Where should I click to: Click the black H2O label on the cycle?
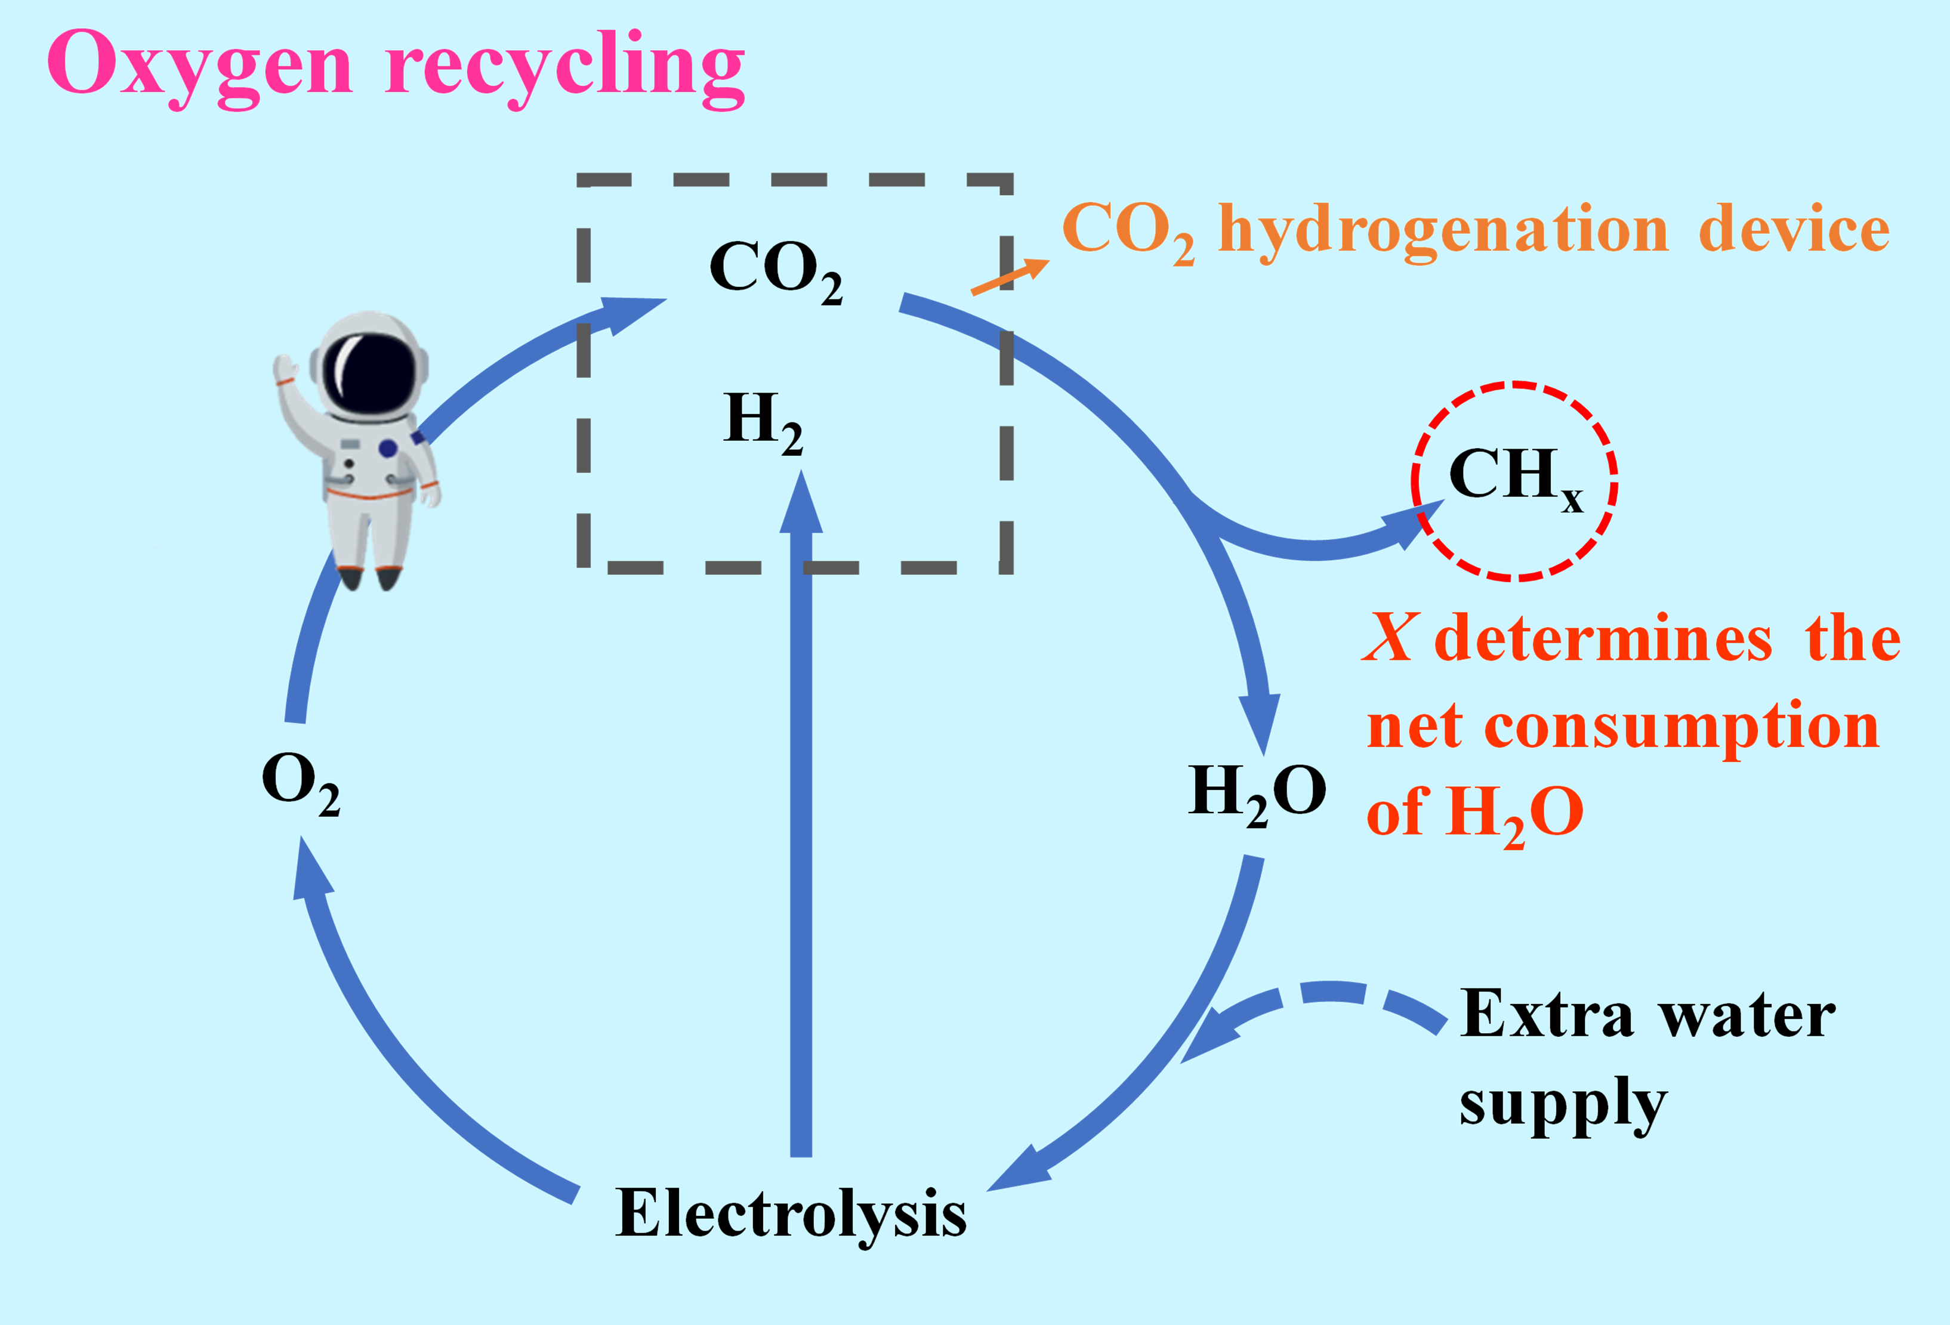click(x=1257, y=793)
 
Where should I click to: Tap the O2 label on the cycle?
click(x=300, y=782)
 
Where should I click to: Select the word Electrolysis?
click(x=791, y=1213)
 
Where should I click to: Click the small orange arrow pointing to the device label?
click(x=1010, y=277)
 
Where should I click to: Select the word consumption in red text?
click(x=1681, y=727)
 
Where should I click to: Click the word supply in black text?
click(x=1562, y=1104)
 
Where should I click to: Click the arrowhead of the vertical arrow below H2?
click(x=801, y=504)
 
